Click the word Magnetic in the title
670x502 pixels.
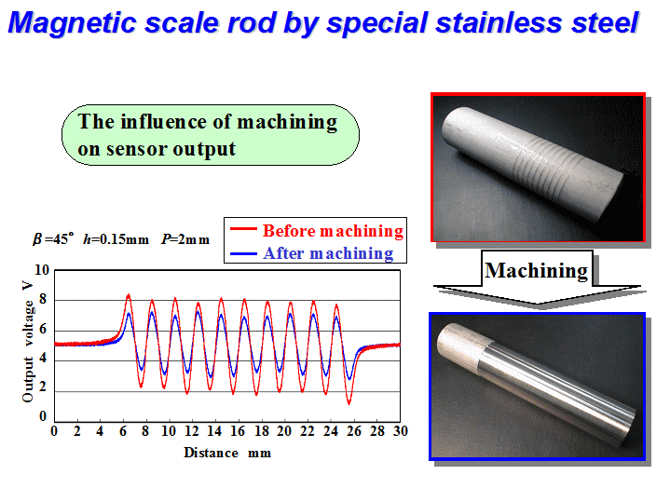73,23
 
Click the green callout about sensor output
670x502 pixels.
211,135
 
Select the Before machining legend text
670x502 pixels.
333,231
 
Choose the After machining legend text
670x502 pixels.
328,253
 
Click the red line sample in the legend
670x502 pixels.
243,229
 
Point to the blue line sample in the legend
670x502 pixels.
243,253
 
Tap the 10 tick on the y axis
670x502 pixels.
42,270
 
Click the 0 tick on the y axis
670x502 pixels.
43,416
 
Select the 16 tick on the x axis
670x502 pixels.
238,431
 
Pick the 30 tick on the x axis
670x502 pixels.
401,431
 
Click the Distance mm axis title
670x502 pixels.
227,453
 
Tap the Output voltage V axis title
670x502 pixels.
28,342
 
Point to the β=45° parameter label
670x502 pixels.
53,238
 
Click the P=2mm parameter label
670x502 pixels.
185,239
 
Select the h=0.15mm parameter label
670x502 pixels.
116,239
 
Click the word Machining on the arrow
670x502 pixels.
537,270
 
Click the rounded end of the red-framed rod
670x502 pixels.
454,129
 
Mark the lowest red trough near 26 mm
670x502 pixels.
349,403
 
